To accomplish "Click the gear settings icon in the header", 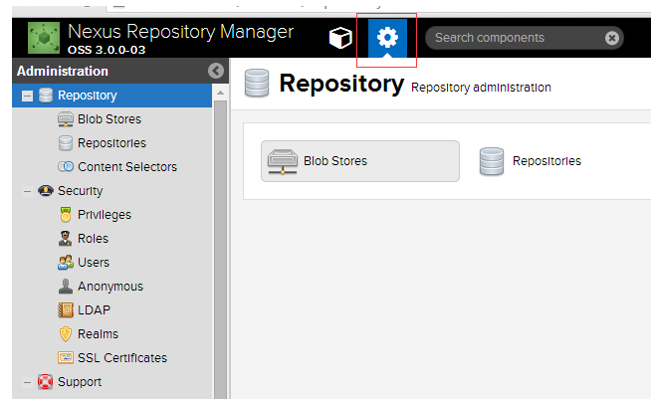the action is pos(387,38).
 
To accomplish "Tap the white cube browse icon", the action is pos(340,38).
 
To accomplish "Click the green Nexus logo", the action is pos(44,38).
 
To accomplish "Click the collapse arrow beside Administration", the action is pos(216,71).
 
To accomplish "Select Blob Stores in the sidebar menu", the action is pos(109,119).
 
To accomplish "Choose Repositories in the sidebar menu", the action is pos(111,143).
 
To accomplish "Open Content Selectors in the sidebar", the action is pos(127,167).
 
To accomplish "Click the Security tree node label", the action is pos(80,191).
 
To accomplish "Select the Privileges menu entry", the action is pos(105,215).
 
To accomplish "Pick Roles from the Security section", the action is pos(93,239).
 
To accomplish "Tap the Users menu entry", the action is pos(94,263).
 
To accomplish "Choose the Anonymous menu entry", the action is pos(110,287).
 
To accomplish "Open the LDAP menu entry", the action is pos(94,310).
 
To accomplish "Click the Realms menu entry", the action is pos(98,334).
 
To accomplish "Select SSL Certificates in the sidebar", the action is pos(122,358).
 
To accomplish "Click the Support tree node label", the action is pos(80,382).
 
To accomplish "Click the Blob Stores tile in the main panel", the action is pos(360,161).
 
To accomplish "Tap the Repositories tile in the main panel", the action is pos(530,161).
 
